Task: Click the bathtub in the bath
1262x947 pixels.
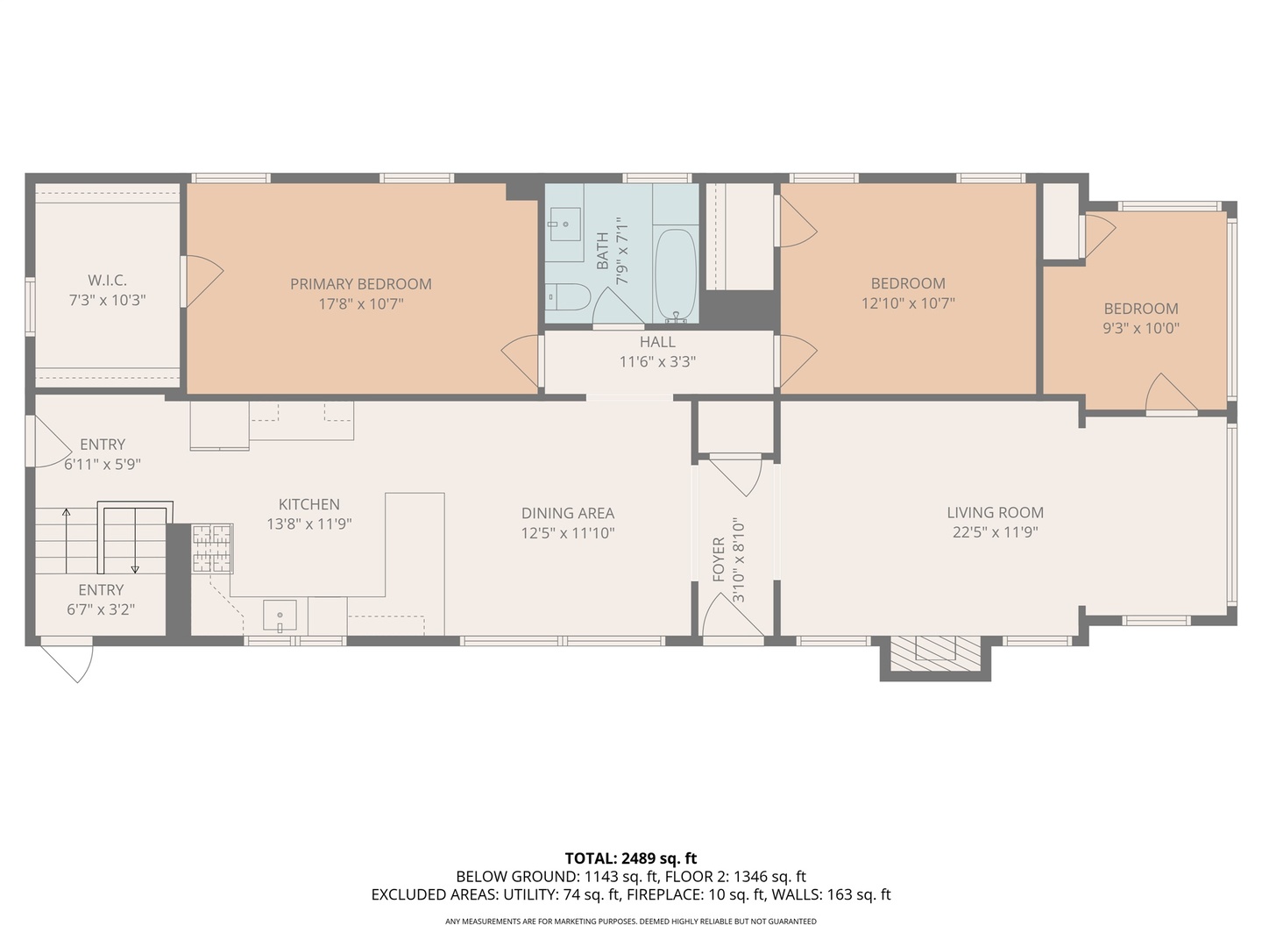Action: (x=676, y=274)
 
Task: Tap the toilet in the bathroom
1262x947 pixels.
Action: (x=567, y=297)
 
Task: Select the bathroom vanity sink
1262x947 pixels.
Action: (x=564, y=224)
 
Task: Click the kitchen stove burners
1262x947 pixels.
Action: (x=212, y=548)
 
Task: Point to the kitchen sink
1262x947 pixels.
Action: (x=280, y=616)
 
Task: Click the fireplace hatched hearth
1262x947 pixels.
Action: (x=935, y=653)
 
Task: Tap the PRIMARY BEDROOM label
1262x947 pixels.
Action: (x=360, y=284)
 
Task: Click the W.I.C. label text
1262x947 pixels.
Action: (x=107, y=281)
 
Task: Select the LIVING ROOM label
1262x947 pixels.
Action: (x=996, y=512)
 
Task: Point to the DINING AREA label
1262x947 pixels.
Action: (x=568, y=513)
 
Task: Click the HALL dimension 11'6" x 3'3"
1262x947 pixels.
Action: (x=657, y=361)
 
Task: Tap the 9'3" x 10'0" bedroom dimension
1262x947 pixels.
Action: (x=1141, y=328)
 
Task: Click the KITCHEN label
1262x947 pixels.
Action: (x=308, y=504)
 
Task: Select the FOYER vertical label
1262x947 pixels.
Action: (x=719, y=559)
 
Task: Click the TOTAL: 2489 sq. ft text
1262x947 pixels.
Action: (x=631, y=858)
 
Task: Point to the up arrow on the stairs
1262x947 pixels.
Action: (x=66, y=541)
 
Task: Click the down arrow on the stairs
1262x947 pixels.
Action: (x=135, y=541)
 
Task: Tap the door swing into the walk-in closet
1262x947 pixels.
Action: (x=202, y=281)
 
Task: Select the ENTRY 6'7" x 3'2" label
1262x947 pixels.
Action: (x=101, y=600)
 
